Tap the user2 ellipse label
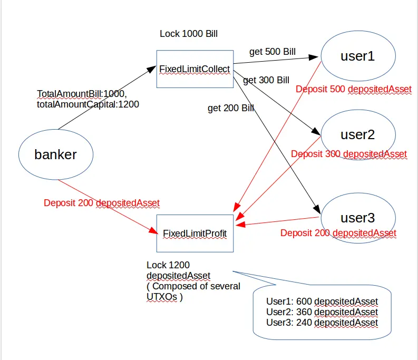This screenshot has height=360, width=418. point(358,134)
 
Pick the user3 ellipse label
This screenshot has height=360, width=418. point(358,218)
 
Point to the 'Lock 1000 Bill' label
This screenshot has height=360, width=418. point(189,34)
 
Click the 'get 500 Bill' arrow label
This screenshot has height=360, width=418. point(273,52)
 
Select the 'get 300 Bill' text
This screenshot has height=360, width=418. point(266,80)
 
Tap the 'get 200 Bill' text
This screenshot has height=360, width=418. point(231,108)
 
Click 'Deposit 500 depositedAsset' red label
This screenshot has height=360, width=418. point(354,89)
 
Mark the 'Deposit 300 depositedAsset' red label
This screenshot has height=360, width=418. point(349,154)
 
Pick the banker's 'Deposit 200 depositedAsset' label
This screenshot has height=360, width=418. point(102,203)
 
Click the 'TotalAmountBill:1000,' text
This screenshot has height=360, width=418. point(82,94)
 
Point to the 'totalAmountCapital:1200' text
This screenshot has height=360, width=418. point(88,104)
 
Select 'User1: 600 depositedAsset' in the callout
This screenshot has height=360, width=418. point(322,301)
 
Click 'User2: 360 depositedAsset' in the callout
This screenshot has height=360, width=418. point(322,312)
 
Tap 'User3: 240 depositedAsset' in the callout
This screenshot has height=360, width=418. point(322,323)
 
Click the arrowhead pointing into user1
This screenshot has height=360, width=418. point(314,57)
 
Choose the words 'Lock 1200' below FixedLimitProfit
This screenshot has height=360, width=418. point(168,265)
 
